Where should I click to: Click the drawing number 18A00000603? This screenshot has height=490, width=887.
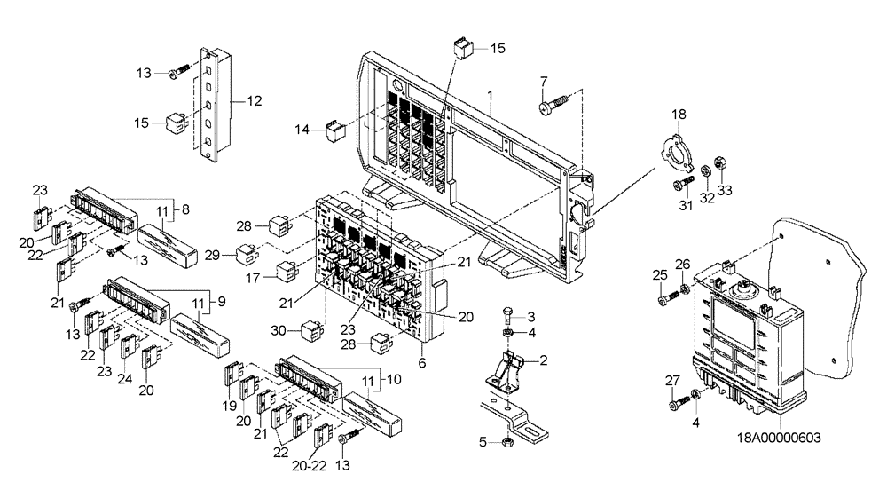(x=779, y=437)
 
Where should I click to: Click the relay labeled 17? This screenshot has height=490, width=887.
(x=286, y=270)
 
